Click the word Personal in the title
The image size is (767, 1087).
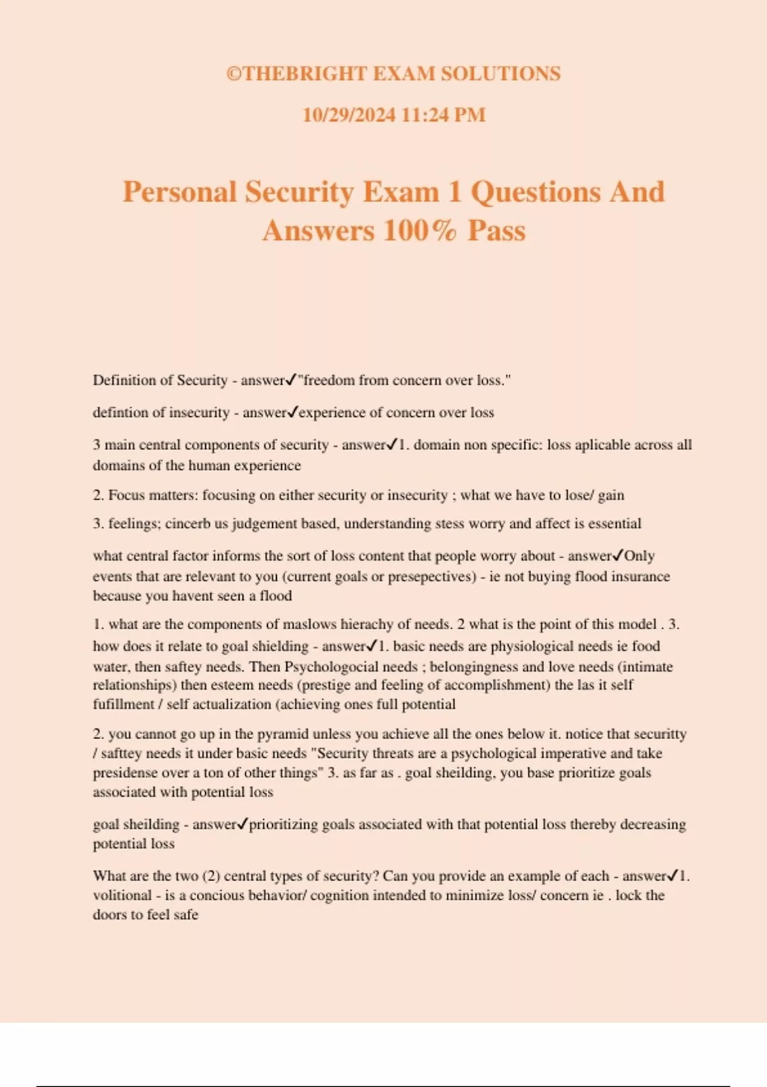pyautogui.click(x=180, y=192)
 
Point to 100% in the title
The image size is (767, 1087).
pyautogui.click(x=420, y=231)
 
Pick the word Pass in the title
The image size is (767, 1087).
pyautogui.click(x=496, y=231)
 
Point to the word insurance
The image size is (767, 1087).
pyautogui.click(x=640, y=576)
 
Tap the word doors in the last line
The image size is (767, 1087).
pyautogui.click(x=109, y=914)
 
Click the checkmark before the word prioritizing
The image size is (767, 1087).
pyautogui.click(x=242, y=824)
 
